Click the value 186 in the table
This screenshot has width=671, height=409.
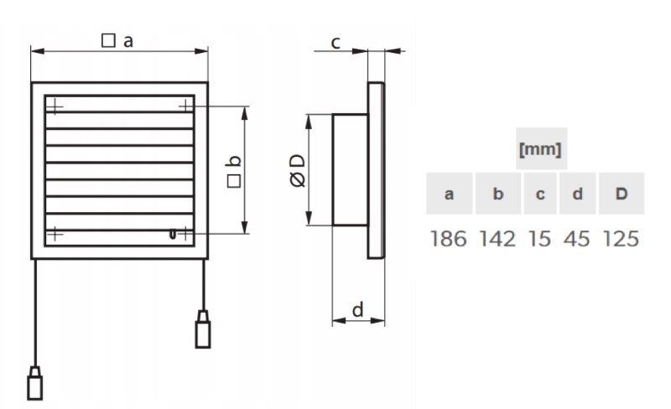448,239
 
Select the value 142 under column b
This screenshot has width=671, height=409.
497,239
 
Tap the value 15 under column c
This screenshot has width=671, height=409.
539,239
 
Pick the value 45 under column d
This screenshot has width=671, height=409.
577,239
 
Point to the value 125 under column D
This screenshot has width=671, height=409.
621,239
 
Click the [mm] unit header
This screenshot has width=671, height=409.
540,149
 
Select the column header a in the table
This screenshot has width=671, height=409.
449,194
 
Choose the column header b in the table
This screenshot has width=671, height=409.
497,194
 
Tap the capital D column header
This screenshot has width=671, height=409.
622,194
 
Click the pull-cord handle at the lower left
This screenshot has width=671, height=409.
34,383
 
